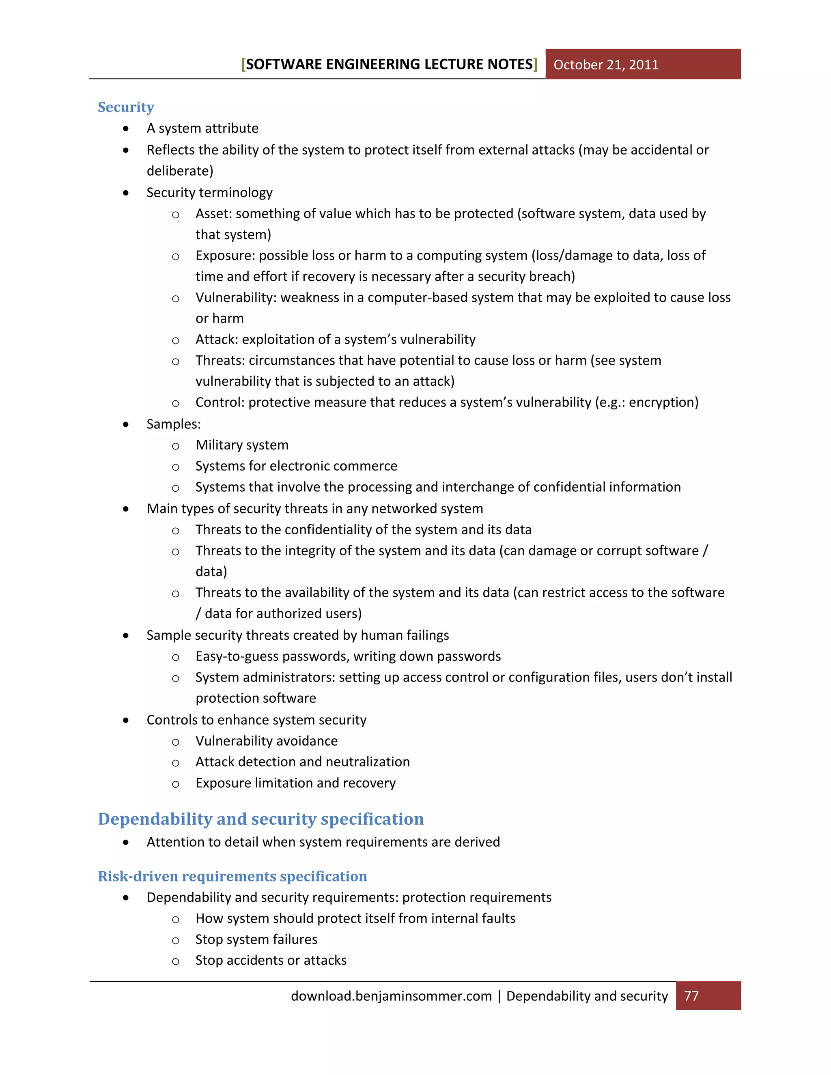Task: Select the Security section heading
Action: pos(126,107)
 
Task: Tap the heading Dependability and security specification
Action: pos(260,819)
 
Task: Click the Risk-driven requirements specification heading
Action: pos(233,876)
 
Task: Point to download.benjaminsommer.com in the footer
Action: pos(392,996)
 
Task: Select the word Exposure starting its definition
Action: pos(224,256)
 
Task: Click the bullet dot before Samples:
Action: pos(127,424)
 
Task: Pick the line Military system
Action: pos(242,445)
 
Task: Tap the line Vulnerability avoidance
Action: pos(266,741)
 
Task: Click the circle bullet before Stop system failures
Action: pos(176,940)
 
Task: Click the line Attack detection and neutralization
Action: pos(302,762)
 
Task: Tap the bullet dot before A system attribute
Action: pos(127,129)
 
